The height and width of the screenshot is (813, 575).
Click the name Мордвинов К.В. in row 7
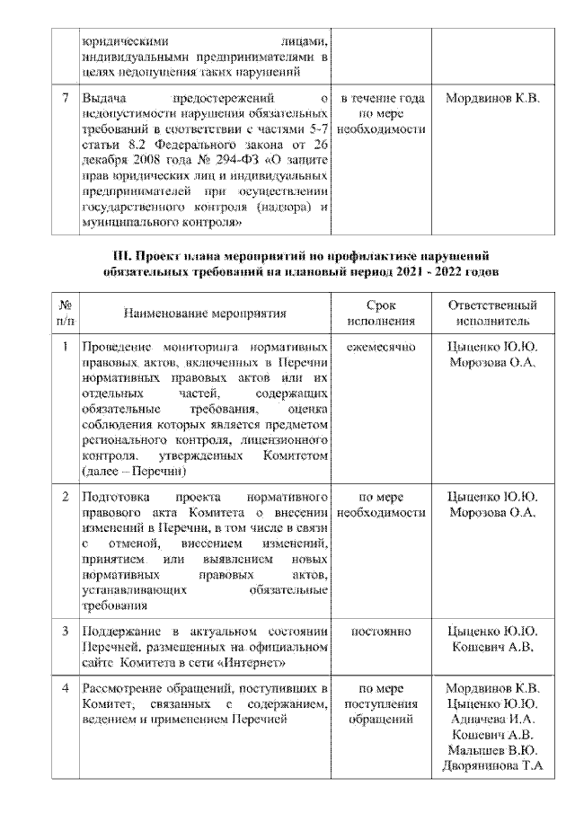[x=492, y=98]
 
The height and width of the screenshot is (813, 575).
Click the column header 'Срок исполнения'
[x=381, y=314]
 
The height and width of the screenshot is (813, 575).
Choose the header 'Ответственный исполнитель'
[x=492, y=314]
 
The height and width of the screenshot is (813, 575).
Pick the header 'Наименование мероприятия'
[x=205, y=314]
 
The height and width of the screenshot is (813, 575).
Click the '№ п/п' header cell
[x=65, y=314]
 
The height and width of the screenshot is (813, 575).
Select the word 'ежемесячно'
[x=381, y=347]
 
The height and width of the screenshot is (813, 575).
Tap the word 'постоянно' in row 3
[x=381, y=631]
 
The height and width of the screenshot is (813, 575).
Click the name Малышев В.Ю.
[x=492, y=750]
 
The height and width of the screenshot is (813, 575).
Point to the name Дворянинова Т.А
[x=492, y=765]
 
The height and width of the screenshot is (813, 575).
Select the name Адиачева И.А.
[x=492, y=720]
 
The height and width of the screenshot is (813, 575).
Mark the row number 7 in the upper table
[x=65, y=98]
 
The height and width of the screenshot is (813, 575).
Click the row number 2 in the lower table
[x=65, y=496]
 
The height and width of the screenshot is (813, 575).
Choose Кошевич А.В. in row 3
[x=492, y=647]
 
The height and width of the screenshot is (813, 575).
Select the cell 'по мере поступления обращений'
[x=381, y=704]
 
